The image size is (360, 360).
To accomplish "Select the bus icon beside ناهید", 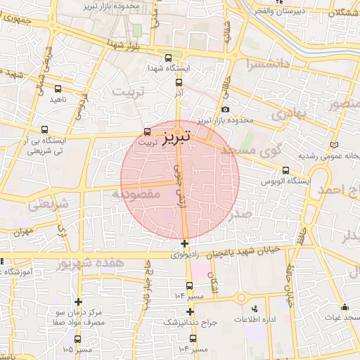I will (x=58, y=89).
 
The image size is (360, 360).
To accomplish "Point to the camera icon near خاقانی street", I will (x=225, y=109).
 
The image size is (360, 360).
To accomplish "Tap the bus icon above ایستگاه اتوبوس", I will (x=285, y=170).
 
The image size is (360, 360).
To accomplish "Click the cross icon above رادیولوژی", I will (x=184, y=244).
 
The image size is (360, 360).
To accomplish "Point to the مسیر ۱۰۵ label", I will (x=78, y=349).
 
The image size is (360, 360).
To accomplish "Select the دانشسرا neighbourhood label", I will (x=269, y=65).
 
